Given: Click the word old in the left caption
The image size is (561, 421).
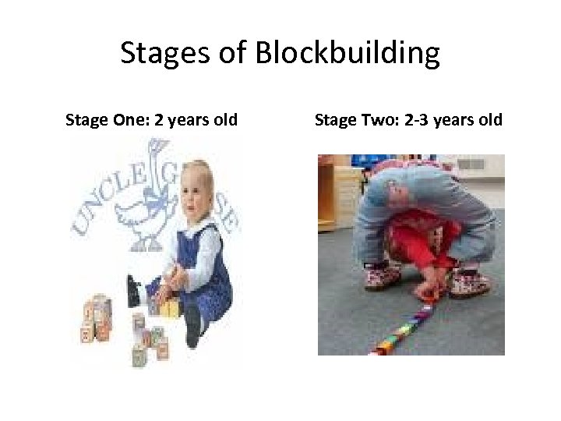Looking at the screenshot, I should (x=224, y=120).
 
